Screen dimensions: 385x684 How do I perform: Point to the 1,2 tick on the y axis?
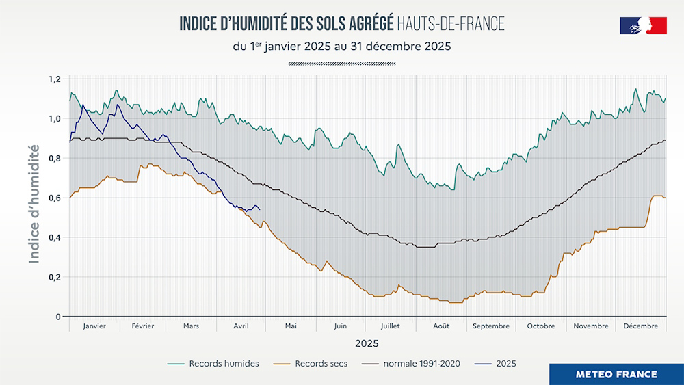tap(55, 79)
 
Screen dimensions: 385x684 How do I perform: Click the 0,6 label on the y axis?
tap(55, 198)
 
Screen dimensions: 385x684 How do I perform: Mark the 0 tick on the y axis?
tap(59, 317)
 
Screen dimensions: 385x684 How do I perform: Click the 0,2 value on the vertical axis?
tap(55, 278)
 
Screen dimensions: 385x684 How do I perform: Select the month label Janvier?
tap(94, 326)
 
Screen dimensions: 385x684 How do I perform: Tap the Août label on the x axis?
tap(441, 326)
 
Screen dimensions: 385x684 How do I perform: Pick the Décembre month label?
tap(641, 326)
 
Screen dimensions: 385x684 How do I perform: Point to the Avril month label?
tap(241, 326)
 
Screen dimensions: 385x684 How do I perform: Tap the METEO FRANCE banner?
tap(616, 374)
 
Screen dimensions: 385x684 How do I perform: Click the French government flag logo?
tap(643, 26)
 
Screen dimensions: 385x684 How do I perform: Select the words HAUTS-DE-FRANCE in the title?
tap(451, 24)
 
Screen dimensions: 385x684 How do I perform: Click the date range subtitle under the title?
tap(341, 47)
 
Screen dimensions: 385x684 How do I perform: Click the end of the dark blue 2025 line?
tap(259, 209)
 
